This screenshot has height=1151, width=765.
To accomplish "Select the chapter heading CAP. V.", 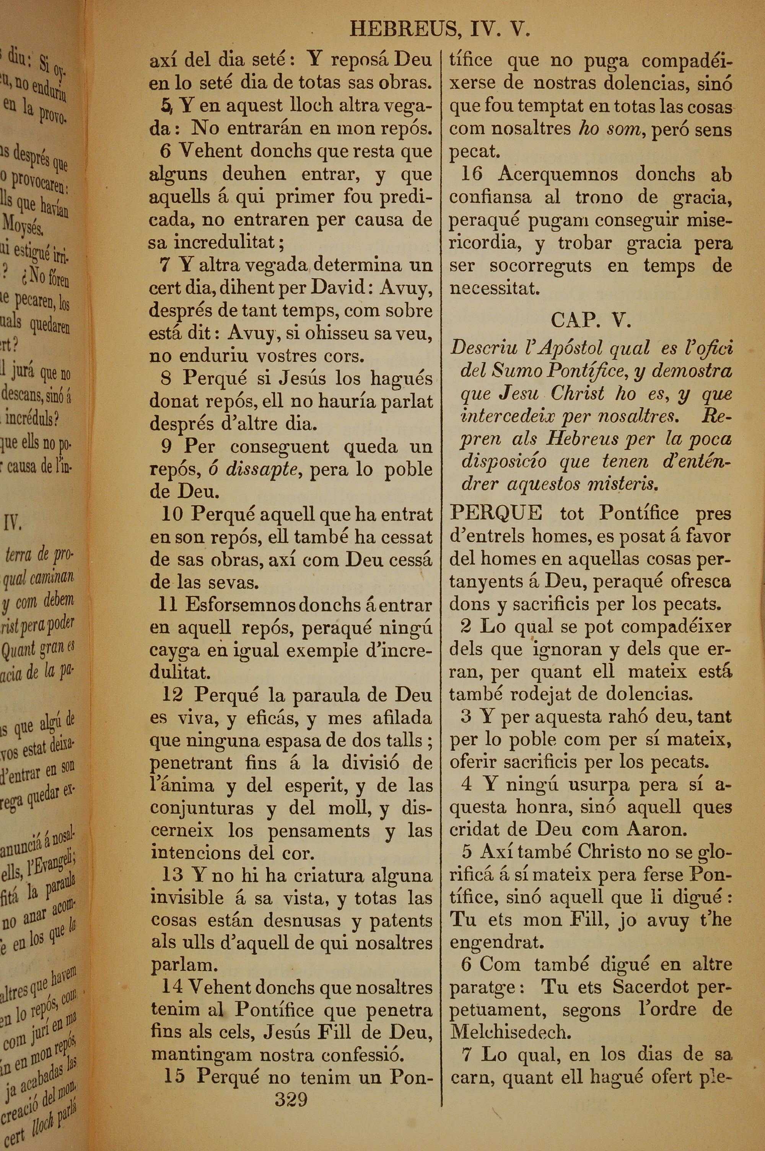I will point(591,320).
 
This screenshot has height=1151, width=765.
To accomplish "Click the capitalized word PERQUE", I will point(496,513).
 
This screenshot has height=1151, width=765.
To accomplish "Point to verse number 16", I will point(471,174).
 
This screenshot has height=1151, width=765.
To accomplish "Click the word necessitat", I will point(494,289).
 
